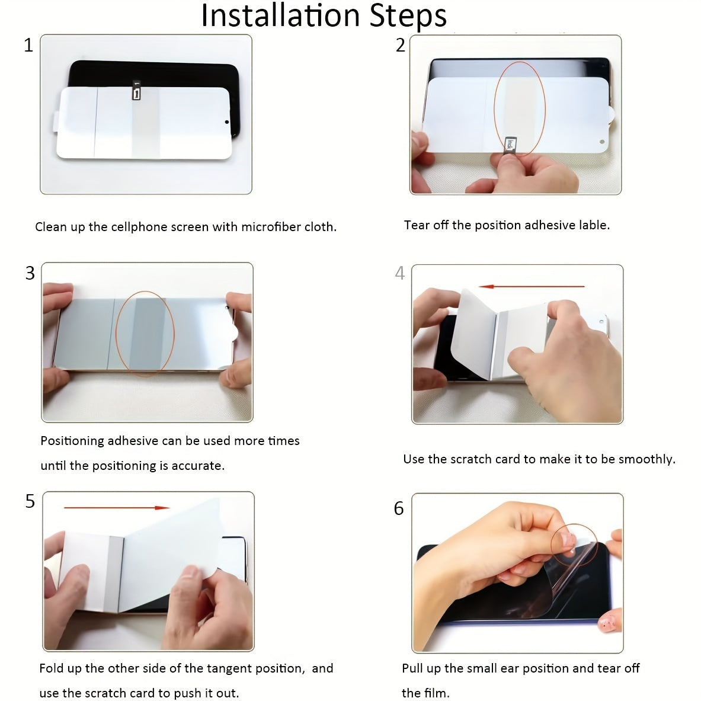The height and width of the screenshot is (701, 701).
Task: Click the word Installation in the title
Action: (281, 16)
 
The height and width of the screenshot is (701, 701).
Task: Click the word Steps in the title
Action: (408, 16)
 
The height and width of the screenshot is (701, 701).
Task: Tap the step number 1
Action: (28, 45)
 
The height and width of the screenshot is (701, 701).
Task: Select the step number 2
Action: (401, 45)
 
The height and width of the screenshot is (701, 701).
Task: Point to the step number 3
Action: (30, 273)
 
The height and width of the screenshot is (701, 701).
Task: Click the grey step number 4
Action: (400, 273)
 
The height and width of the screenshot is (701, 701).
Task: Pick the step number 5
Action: (30, 501)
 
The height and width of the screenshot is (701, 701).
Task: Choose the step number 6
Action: (399, 508)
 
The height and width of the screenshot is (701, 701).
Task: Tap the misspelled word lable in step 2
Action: (593, 225)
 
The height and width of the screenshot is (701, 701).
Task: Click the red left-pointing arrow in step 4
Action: (532, 287)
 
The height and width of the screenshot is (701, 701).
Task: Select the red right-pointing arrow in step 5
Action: (116, 508)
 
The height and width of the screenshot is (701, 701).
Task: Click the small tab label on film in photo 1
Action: (137, 92)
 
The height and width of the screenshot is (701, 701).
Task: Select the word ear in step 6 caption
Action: (510, 668)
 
